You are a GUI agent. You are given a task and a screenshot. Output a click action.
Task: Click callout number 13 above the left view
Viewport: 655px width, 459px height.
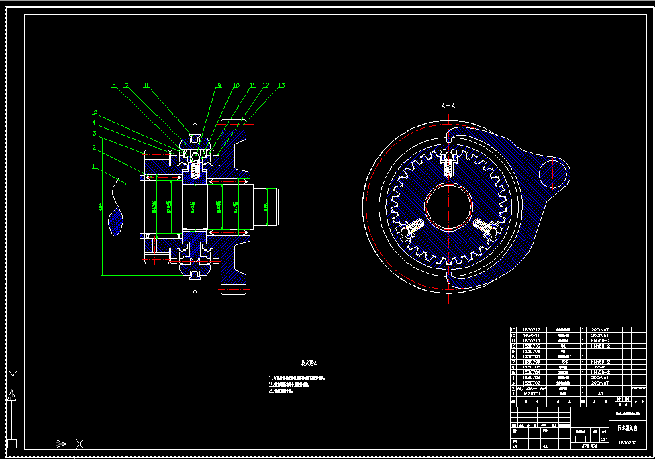coord(281,86)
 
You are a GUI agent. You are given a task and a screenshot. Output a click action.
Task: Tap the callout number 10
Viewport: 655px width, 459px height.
coord(236,86)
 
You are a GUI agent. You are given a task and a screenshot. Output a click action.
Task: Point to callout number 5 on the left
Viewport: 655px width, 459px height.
coord(96,113)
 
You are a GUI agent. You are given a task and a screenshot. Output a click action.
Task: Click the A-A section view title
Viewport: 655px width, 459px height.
coord(448,106)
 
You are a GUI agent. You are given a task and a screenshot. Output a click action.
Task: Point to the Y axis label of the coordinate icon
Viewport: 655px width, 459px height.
coord(12,375)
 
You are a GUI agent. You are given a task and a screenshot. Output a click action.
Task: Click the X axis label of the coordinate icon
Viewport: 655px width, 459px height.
coord(79,444)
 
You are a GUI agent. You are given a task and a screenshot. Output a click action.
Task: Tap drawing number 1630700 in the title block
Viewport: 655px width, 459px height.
coord(627,443)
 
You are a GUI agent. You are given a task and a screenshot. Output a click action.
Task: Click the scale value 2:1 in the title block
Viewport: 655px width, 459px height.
coord(605,440)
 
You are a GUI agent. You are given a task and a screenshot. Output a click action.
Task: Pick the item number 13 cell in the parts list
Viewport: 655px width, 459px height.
coord(513,330)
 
